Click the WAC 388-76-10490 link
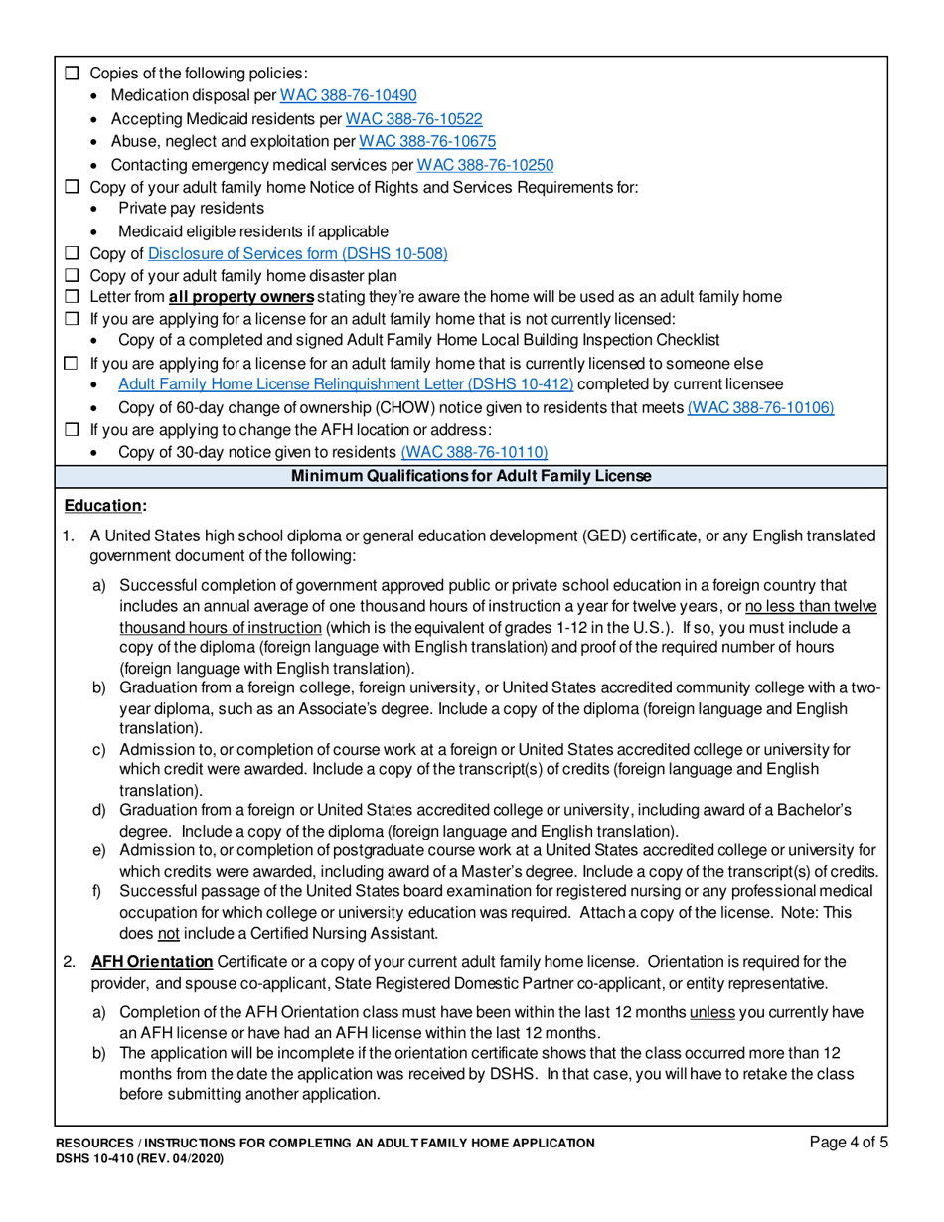[x=348, y=96]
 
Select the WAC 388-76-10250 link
[x=484, y=164]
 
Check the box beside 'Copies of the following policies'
[x=71, y=74]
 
